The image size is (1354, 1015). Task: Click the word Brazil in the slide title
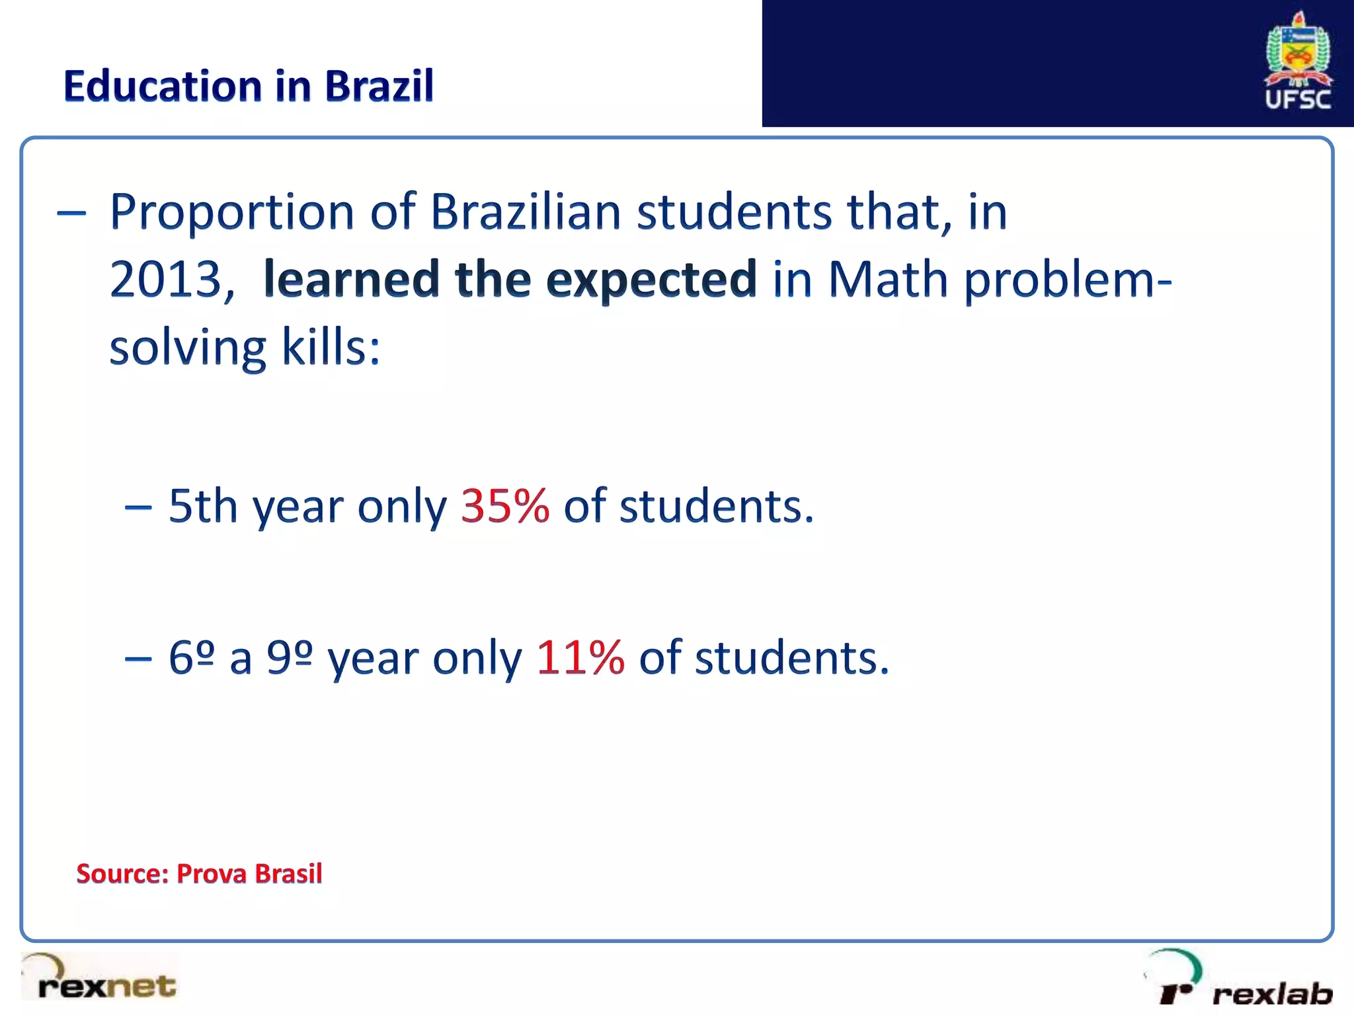coord(379,86)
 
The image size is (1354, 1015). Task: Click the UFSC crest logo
coord(1298,61)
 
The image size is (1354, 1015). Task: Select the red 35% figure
coord(504,506)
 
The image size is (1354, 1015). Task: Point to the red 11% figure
coord(580,658)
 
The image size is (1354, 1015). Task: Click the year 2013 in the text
coord(165,279)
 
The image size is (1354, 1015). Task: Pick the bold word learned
coord(351,279)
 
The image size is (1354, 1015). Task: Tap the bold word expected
coord(651,280)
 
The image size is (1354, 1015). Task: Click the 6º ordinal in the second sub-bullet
coord(192,658)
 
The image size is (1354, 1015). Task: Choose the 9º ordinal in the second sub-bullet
coord(289,658)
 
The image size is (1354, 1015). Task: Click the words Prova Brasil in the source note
coord(249,874)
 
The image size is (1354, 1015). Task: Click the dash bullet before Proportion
coord(71,213)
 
